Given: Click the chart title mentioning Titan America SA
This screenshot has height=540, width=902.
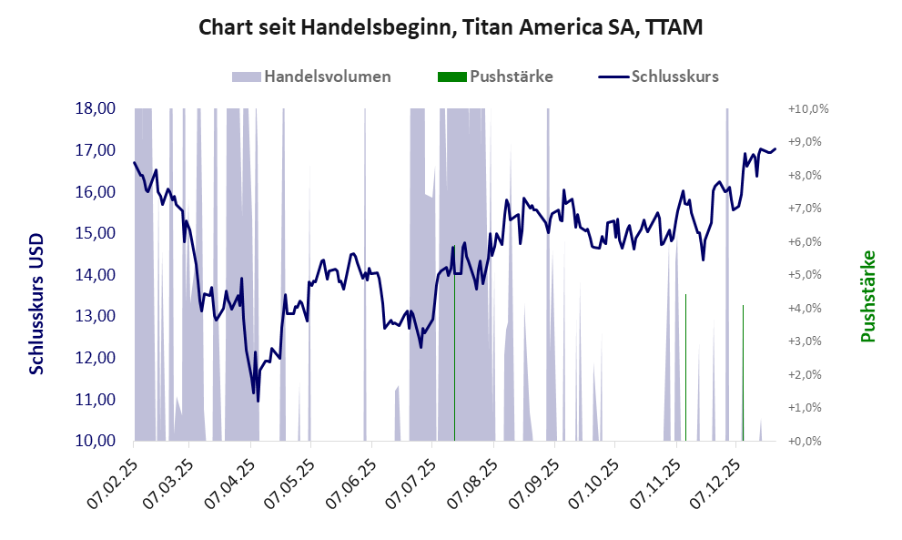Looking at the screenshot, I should [451, 29].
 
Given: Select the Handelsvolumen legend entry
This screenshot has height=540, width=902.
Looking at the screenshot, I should [312, 76].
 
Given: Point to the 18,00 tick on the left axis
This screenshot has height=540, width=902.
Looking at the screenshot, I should [94, 108].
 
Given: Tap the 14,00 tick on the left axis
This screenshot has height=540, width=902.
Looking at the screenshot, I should [94, 275].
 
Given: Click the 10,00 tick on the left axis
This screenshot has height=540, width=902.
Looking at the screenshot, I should [94, 441].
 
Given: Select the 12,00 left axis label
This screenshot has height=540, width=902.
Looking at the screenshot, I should [94, 358].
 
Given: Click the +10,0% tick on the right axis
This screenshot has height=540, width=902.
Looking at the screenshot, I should [807, 108].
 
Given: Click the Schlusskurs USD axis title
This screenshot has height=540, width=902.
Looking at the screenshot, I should [37, 313].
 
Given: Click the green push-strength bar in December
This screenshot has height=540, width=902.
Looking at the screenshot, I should [743, 373].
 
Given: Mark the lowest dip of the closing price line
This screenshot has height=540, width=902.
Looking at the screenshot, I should [258, 401].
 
